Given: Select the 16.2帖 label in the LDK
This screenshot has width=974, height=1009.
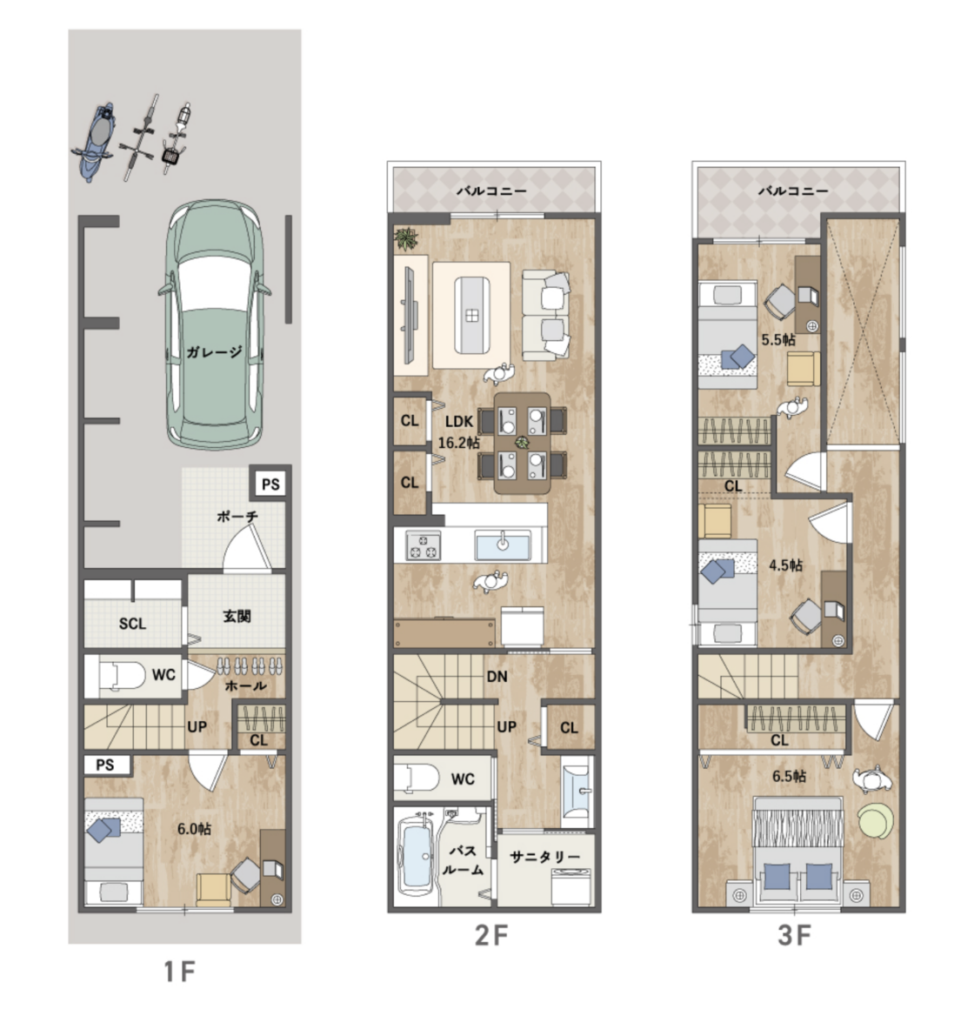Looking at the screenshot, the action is tap(458, 443).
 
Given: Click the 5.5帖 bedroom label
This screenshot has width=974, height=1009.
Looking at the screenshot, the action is tap(778, 339).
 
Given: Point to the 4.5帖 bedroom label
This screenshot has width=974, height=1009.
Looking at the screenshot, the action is tap(785, 565).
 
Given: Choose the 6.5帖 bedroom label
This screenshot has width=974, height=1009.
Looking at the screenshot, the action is tap(789, 776).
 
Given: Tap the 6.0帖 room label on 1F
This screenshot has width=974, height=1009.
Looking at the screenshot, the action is tap(194, 829).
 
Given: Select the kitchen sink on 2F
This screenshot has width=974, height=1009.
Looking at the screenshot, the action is tap(503, 545).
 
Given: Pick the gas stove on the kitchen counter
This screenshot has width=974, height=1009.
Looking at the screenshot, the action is tap(424, 545).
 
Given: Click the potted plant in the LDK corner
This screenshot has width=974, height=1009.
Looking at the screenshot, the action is tap(406, 239).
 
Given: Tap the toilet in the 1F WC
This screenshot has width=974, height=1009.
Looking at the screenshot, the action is tap(123, 677).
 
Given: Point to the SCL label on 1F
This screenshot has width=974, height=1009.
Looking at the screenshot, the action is tap(132, 624).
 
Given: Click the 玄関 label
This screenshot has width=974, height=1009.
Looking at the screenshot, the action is tap(237, 616).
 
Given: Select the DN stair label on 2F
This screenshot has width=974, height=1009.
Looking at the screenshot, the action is tap(497, 677).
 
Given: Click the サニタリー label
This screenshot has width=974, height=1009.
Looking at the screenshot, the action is tap(545, 857).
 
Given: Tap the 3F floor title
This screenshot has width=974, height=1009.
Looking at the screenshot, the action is tap(794, 935).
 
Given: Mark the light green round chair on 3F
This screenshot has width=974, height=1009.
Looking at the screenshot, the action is tap(876, 820).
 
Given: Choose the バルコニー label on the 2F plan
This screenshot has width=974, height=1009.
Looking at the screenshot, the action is tap(491, 191).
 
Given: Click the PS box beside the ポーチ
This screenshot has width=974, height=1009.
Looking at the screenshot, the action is tap(270, 484).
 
